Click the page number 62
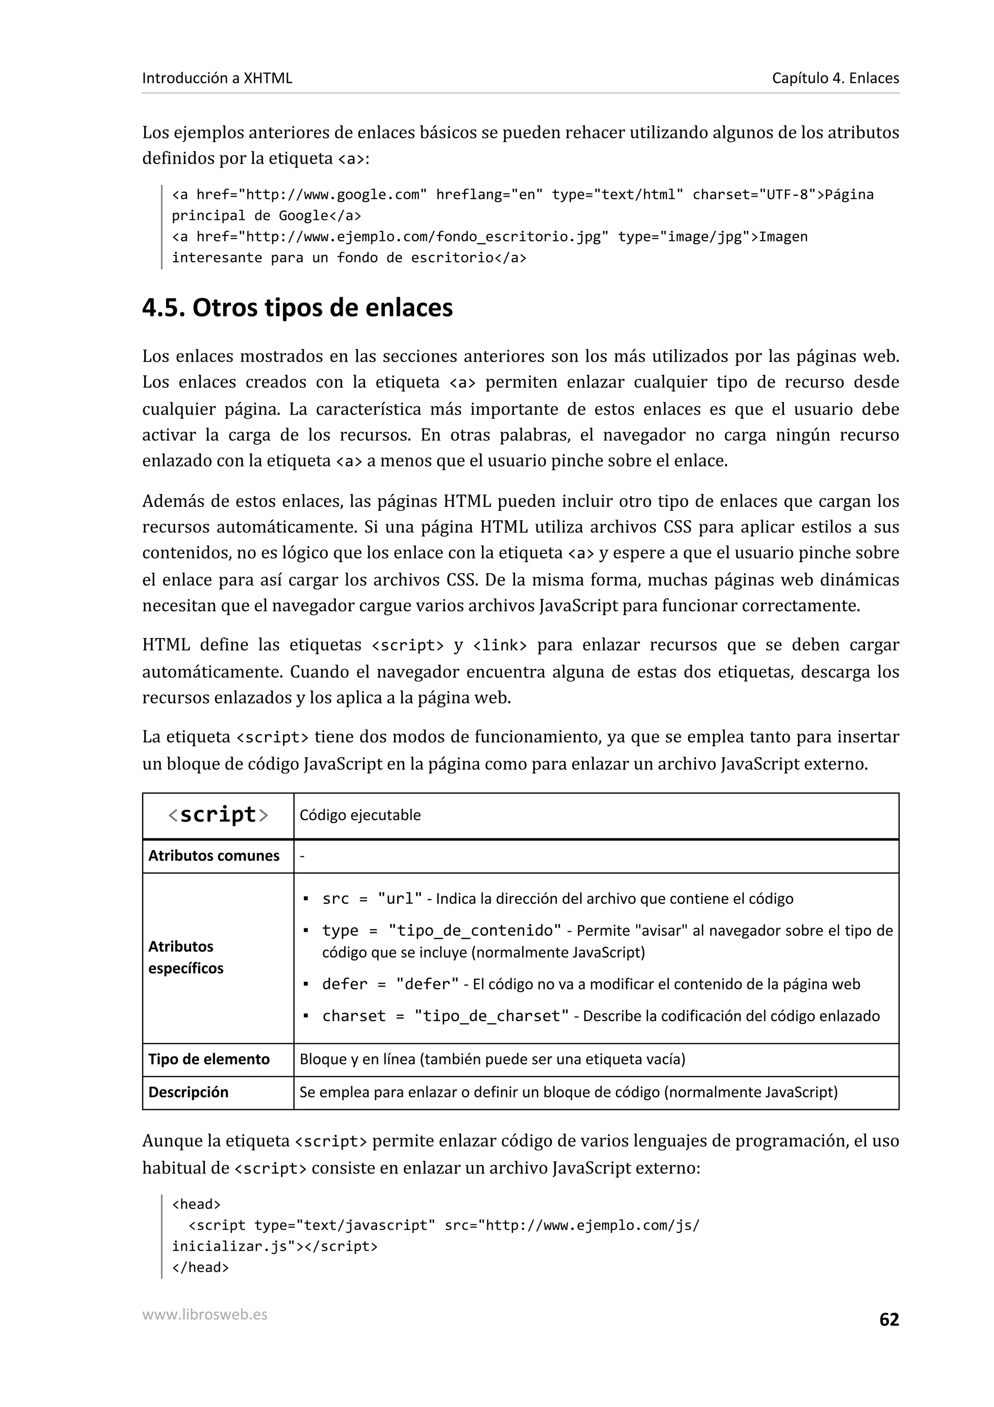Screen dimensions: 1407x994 pos(889,1320)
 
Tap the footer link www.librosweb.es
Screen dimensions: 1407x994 pos(204,1314)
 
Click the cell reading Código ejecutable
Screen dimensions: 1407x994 pos(360,815)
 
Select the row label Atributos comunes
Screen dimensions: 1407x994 pos(214,855)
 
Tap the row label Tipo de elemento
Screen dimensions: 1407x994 pos(209,1059)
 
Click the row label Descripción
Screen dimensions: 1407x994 pos(188,1092)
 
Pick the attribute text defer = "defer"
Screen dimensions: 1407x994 pos(390,984)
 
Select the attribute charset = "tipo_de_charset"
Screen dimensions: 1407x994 pos(445,1016)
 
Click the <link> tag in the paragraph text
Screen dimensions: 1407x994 pos(500,645)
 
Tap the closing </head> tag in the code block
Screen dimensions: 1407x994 pos(200,1267)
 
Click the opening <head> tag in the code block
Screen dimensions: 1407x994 pos(196,1204)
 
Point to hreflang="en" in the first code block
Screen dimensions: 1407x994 pos(489,195)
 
